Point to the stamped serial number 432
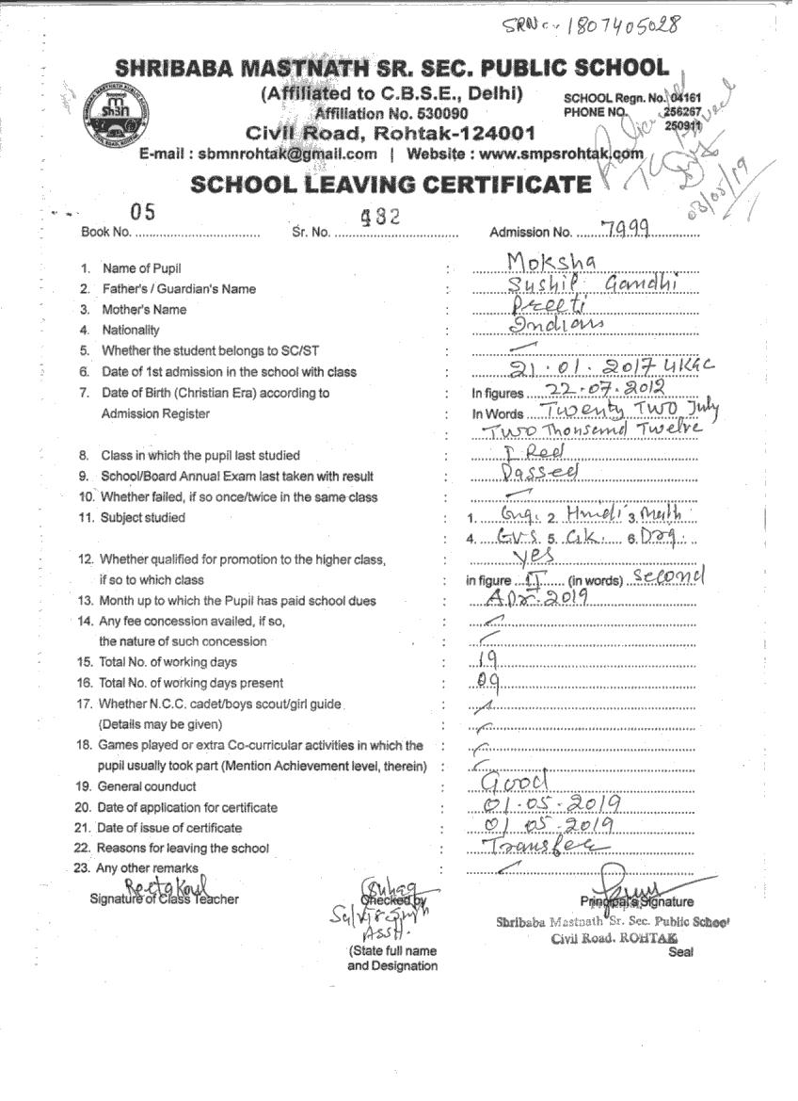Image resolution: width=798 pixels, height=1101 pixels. point(380,216)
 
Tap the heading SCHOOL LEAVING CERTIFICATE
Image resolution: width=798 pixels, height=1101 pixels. point(391,184)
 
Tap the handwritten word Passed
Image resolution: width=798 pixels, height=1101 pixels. point(540,473)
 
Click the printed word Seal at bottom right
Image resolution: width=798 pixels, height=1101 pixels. point(680,952)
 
